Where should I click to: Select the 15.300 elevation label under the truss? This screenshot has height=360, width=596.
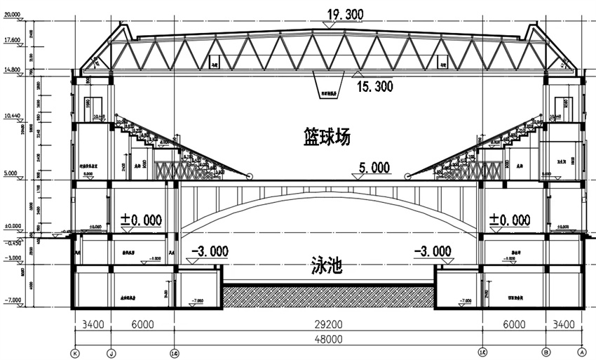374,86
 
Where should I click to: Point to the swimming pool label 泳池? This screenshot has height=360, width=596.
326,265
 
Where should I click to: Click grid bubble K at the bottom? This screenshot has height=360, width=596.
75,352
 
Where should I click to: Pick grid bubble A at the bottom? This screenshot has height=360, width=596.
581,352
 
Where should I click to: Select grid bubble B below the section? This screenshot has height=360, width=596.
546,352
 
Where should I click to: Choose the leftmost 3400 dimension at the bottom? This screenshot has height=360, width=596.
93,324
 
